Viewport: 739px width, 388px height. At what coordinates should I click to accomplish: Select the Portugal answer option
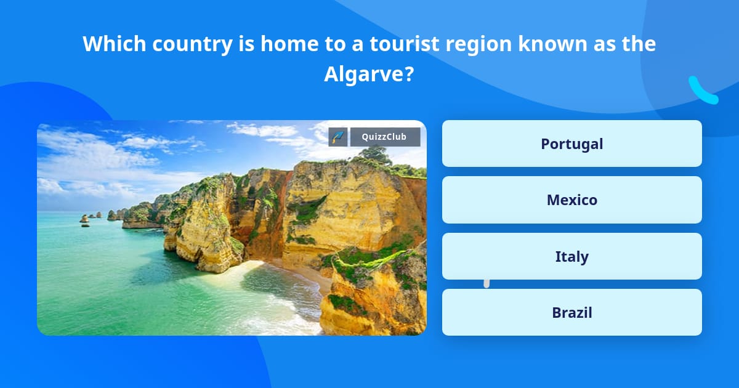[571, 143]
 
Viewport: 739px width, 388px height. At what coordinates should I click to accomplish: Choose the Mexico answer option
[571, 200]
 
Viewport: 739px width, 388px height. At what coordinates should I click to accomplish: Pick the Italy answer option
[571, 256]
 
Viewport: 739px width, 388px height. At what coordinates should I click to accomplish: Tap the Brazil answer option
[571, 313]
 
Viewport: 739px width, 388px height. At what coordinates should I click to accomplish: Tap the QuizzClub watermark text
[385, 137]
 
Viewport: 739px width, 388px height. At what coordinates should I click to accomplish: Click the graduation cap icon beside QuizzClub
[338, 137]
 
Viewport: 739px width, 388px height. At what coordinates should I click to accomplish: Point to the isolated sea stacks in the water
[85, 219]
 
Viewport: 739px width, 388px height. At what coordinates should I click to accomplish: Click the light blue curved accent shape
[702, 91]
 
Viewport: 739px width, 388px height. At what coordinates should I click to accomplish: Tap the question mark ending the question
[409, 75]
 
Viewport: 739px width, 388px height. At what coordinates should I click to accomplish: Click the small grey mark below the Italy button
[487, 283]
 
